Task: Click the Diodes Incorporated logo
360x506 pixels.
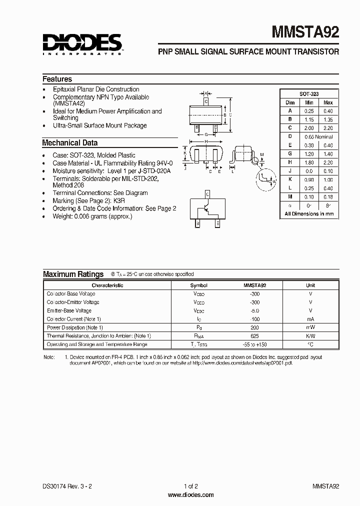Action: (82, 43)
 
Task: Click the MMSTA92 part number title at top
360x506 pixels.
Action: (305, 32)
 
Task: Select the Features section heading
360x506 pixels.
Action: (57, 79)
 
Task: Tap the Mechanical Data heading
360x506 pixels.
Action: (69, 143)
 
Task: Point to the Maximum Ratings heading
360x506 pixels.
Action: (73, 274)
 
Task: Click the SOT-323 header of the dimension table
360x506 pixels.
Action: (309, 93)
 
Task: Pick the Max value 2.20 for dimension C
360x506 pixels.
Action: (327, 128)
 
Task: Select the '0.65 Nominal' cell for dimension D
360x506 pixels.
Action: (318, 136)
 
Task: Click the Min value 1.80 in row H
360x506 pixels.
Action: (309, 162)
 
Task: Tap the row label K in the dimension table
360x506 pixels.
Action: (290, 179)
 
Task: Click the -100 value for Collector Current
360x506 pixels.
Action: (254, 319)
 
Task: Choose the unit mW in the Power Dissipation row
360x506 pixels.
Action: (310, 327)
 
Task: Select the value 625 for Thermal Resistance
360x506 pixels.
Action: (254, 336)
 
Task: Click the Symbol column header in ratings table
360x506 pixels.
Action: (198, 285)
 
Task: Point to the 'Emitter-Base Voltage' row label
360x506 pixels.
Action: (69, 310)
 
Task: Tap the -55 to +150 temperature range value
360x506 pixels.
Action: (254, 344)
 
